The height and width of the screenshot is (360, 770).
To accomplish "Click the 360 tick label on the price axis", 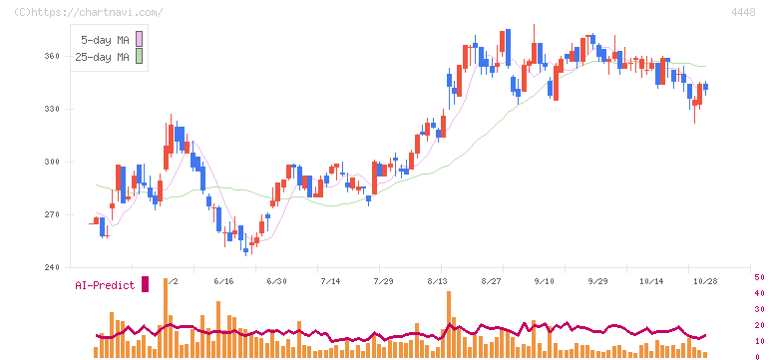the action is click(53, 57).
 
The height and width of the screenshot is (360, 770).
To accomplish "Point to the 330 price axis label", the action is click(53, 109).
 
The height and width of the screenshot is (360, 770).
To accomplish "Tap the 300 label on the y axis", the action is click(53, 163).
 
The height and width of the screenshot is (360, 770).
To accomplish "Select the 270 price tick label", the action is click(53, 215).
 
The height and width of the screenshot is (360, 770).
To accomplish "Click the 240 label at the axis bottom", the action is click(53, 267).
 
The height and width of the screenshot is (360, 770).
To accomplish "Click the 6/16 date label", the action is click(224, 281).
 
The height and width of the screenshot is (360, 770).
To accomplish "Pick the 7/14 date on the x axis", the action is click(330, 281).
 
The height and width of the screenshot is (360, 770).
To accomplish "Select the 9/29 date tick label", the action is click(597, 281).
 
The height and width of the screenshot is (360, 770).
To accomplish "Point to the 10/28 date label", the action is click(706, 281).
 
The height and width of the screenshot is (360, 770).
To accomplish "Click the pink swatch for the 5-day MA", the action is click(139, 39).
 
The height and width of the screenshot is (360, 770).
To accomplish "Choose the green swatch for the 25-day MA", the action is click(139, 57).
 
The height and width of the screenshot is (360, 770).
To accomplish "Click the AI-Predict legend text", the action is click(105, 285).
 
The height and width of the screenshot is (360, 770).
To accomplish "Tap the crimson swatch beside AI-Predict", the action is click(145, 284).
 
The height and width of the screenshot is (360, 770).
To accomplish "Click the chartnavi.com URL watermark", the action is click(89, 12).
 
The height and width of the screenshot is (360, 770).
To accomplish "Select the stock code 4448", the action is click(743, 12).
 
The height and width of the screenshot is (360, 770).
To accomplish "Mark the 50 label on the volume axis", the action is click(759, 277).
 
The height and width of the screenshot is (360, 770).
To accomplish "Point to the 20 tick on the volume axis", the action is click(759, 325).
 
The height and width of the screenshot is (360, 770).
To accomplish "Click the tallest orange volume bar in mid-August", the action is click(449, 325).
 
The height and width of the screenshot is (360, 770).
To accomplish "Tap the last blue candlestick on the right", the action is click(706, 87).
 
